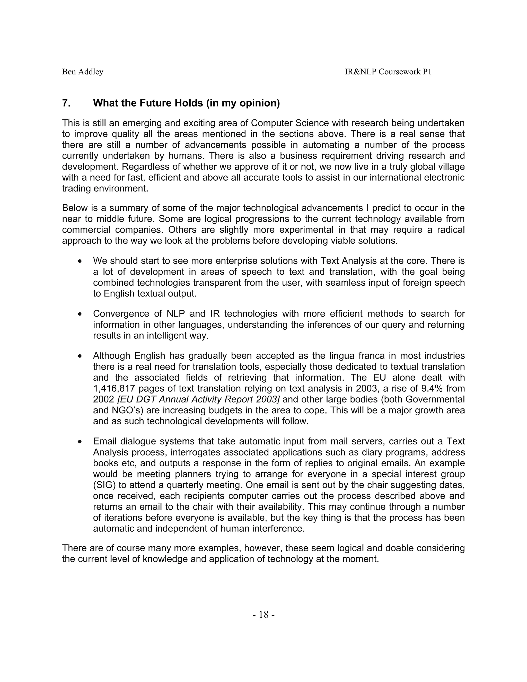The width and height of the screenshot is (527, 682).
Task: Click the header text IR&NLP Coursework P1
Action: tap(388, 72)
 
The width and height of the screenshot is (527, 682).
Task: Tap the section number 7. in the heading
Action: tap(66, 103)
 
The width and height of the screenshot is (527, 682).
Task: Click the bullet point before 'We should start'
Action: tap(80, 261)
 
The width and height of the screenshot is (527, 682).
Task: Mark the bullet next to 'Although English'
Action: tap(80, 356)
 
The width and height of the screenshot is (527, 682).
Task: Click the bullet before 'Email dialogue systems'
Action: tap(80, 442)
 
